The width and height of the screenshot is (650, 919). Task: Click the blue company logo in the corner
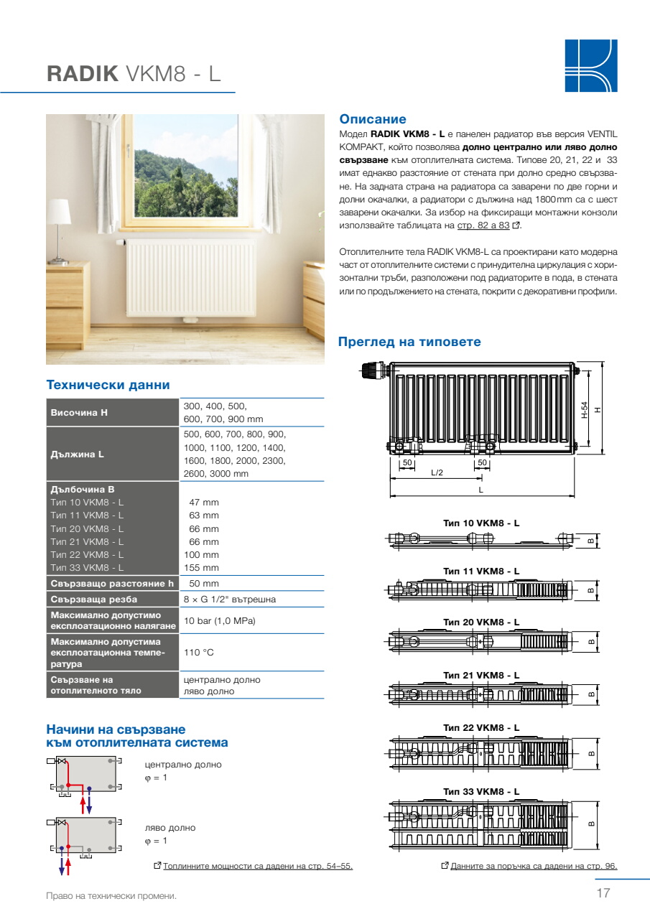[x=590, y=65]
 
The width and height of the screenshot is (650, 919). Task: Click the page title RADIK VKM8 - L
[x=134, y=75]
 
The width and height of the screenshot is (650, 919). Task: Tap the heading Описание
[x=372, y=120]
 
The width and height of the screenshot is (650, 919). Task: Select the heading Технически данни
[x=108, y=386]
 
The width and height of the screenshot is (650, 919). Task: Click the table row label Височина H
[x=79, y=413]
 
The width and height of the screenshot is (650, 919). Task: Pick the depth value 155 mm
[x=204, y=568]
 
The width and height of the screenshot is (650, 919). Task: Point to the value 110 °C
[x=199, y=653]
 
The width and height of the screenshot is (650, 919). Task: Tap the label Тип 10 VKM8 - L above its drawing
[x=481, y=523]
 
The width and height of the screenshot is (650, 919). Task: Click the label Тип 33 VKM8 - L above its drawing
[x=481, y=791]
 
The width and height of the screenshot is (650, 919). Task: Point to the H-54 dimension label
[x=585, y=409]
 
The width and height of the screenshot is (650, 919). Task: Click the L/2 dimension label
[x=437, y=472]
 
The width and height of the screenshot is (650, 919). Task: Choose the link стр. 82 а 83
[x=483, y=225]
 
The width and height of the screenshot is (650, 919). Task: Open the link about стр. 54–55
[x=257, y=866]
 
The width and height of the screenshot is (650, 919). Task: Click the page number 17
[x=603, y=894]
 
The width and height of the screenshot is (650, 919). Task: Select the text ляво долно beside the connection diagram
[x=170, y=828]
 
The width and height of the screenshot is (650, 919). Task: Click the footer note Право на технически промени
[x=111, y=895]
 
